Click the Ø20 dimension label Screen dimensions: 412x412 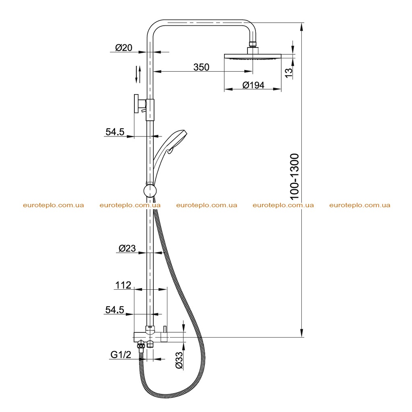pyautogui.click(x=124, y=48)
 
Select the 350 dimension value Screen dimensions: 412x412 pyautogui.click(x=201, y=67)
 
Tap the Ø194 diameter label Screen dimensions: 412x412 pyautogui.click(x=253, y=85)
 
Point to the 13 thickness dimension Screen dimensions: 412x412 pyautogui.click(x=289, y=73)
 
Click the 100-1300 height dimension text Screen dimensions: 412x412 pyautogui.click(x=294, y=177)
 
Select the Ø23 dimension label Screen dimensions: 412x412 pyautogui.click(x=127, y=248)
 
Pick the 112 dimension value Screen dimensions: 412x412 pyautogui.click(x=123, y=285)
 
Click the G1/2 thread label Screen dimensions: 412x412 pyautogui.click(x=121, y=355)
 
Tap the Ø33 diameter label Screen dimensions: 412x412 pyautogui.click(x=179, y=361)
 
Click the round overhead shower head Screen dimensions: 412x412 pyautogui.click(x=253, y=57)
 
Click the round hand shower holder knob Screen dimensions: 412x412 pyautogui.click(x=150, y=191)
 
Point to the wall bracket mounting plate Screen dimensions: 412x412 pyautogui.click(x=136, y=103)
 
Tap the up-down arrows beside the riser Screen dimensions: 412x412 pyautogui.click(x=138, y=74)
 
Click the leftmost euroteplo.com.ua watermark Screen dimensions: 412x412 pyautogui.click(x=54, y=205)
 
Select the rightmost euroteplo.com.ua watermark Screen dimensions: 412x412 pyautogui.click(x=360, y=205)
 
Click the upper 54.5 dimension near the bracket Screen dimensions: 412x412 pyautogui.click(x=115, y=132)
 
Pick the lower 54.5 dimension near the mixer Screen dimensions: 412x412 pyautogui.click(x=115, y=310)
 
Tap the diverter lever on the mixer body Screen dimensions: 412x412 pyautogui.click(x=165, y=329)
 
